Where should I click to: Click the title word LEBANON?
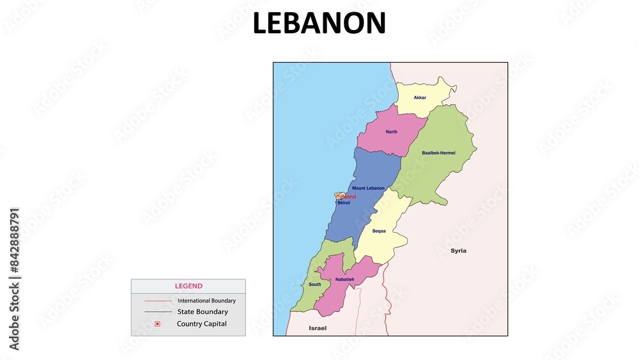click(x=319, y=24)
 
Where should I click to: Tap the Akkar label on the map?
click(x=420, y=98)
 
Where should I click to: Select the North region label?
click(x=392, y=132)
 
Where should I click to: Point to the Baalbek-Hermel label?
click(x=439, y=153)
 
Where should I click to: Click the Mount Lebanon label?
click(x=368, y=188)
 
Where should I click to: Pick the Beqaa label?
click(x=379, y=231)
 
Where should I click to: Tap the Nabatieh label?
click(x=346, y=279)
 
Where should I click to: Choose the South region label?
click(x=315, y=285)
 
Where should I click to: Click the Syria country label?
click(x=458, y=251)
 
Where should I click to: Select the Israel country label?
click(x=318, y=328)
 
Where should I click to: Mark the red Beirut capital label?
click(x=348, y=196)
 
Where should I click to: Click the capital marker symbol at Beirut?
click(x=339, y=196)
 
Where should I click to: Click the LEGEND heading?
click(x=189, y=286)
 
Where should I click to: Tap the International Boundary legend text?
click(x=206, y=301)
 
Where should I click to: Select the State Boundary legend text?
click(x=203, y=312)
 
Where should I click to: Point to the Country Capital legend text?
click(x=202, y=324)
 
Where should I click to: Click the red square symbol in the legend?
click(x=157, y=324)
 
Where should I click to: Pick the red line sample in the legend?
click(x=158, y=301)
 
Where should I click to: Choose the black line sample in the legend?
click(x=158, y=312)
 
